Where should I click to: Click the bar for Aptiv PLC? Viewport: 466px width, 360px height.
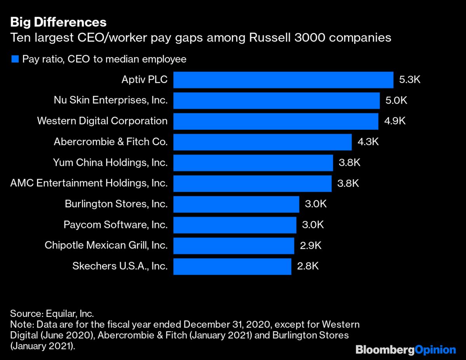tap(283, 80)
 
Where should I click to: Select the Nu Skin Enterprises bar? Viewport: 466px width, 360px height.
tap(276, 100)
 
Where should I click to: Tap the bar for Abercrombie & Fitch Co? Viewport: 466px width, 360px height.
tap(262, 142)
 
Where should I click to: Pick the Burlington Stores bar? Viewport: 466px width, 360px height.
tap(236, 204)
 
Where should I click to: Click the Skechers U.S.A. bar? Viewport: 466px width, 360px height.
tap(232, 266)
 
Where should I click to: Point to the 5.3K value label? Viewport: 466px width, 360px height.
tap(410, 80)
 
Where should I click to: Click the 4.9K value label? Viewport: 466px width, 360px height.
tap(395, 121)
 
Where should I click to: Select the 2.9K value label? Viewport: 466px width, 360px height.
tap(311, 245)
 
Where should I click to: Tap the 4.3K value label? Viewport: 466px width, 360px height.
tap(368, 142)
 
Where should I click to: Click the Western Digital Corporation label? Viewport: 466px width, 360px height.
tap(102, 121)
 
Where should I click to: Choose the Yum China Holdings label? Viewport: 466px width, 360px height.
tap(110, 162)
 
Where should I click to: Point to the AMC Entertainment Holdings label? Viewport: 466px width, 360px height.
tap(89, 183)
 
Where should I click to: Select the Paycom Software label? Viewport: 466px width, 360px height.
tap(115, 224)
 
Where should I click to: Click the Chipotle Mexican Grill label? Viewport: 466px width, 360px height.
tap(106, 245)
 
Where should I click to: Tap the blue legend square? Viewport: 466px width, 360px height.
tap(15, 59)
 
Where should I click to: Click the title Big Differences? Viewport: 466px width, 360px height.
tap(58, 21)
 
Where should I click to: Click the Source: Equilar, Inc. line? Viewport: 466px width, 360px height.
tap(52, 313)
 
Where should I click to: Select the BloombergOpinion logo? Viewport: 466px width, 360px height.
tap(406, 350)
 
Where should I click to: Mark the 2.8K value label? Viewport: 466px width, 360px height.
tap(308, 266)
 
